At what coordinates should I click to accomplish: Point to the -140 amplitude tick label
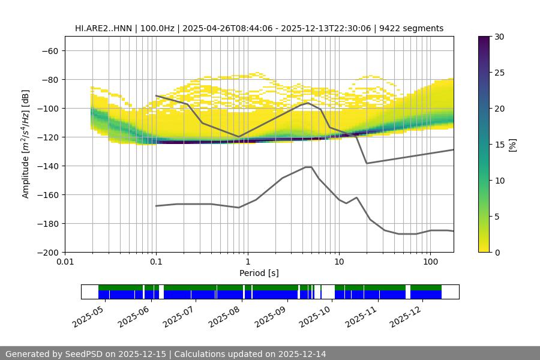[x=48, y=166]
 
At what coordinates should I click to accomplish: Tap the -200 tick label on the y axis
[x=48, y=252]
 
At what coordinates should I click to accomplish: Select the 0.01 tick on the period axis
[x=65, y=262]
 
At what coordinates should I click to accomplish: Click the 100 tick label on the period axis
[x=430, y=262]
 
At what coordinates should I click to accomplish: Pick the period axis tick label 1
[x=247, y=262]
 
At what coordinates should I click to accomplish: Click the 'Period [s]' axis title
[x=259, y=273]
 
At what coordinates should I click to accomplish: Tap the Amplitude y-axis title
[x=26, y=145]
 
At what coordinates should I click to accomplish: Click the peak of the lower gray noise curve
[x=308, y=167]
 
